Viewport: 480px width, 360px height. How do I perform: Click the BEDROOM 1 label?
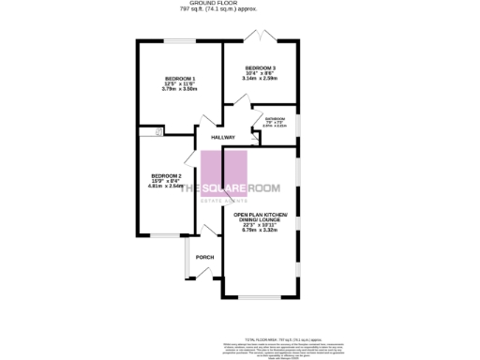pos(178,78)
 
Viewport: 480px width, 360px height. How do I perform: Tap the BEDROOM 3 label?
pos(261,68)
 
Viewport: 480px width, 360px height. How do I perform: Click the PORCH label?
pos(203,257)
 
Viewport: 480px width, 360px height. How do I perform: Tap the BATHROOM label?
pos(275,119)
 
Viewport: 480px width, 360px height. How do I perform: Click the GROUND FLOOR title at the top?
pos(211,3)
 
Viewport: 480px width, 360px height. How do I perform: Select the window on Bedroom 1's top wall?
pos(179,40)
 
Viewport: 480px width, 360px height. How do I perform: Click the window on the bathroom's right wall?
pos(298,125)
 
